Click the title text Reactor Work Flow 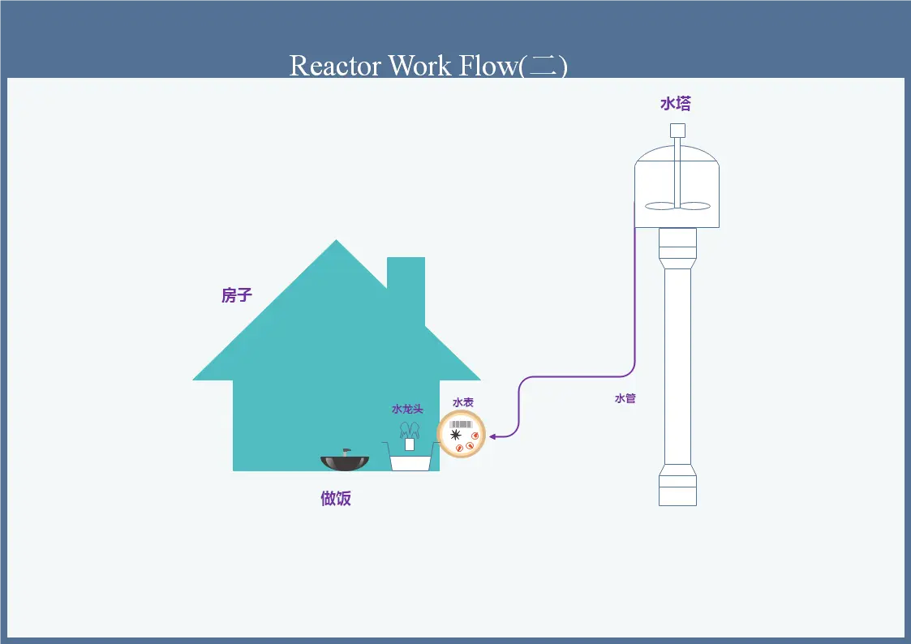pyautogui.click(x=428, y=65)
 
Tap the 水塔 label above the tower pyautogui.click(x=675, y=104)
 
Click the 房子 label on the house pyautogui.click(x=237, y=295)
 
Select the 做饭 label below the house pyautogui.click(x=336, y=498)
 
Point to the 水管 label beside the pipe pyautogui.click(x=625, y=398)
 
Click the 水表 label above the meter pyautogui.click(x=463, y=402)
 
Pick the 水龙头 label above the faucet pyautogui.click(x=407, y=409)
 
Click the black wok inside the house pyautogui.click(x=345, y=463)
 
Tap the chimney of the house pyautogui.click(x=406, y=284)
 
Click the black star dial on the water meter pyautogui.click(x=455, y=435)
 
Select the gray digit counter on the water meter pyautogui.click(x=462, y=423)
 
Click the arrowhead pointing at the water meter pyautogui.click(x=492, y=436)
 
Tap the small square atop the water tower pyautogui.click(x=677, y=131)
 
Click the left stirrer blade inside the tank pyautogui.click(x=660, y=206)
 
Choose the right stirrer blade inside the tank pyautogui.click(x=695, y=206)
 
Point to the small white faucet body pyautogui.click(x=410, y=444)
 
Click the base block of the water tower pyautogui.click(x=677, y=491)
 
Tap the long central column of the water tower pyautogui.click(x=677, y=365)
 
